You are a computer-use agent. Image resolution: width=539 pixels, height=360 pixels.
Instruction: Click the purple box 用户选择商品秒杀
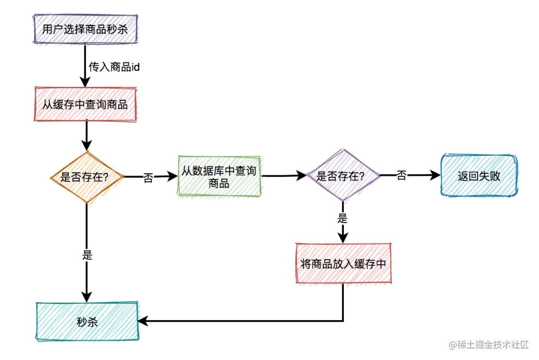[x=85, y=29]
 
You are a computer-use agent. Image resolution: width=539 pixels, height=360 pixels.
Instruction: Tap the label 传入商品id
[x=113, y=66]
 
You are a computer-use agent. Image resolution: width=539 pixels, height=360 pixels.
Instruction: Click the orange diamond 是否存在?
[x=86, y=177]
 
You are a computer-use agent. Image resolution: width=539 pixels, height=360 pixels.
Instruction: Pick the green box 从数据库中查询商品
[x=219, y=177]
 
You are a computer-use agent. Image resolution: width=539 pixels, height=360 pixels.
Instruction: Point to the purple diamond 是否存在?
[x=342, y=176]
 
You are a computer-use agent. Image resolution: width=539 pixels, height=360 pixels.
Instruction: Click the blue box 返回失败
[x=479, y=176]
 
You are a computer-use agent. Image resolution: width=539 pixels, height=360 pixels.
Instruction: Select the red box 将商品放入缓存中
[x=343, y=264]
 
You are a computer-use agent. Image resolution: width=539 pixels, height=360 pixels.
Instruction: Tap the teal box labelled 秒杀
[x=87, y=322]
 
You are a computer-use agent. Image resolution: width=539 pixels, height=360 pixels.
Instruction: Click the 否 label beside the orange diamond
[x=148, y=178]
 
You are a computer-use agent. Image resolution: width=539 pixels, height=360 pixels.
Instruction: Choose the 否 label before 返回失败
[x=401, y=176]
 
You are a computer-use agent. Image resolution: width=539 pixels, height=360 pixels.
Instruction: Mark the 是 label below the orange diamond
[x=87, y=255]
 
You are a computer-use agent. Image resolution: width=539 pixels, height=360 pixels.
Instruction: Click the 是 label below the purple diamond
[x=342, y=218]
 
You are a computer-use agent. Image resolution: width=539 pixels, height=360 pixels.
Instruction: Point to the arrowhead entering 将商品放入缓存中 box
[x=343, y=238]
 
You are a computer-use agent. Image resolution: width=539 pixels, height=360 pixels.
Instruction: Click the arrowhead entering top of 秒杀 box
[x=87, y=297]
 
